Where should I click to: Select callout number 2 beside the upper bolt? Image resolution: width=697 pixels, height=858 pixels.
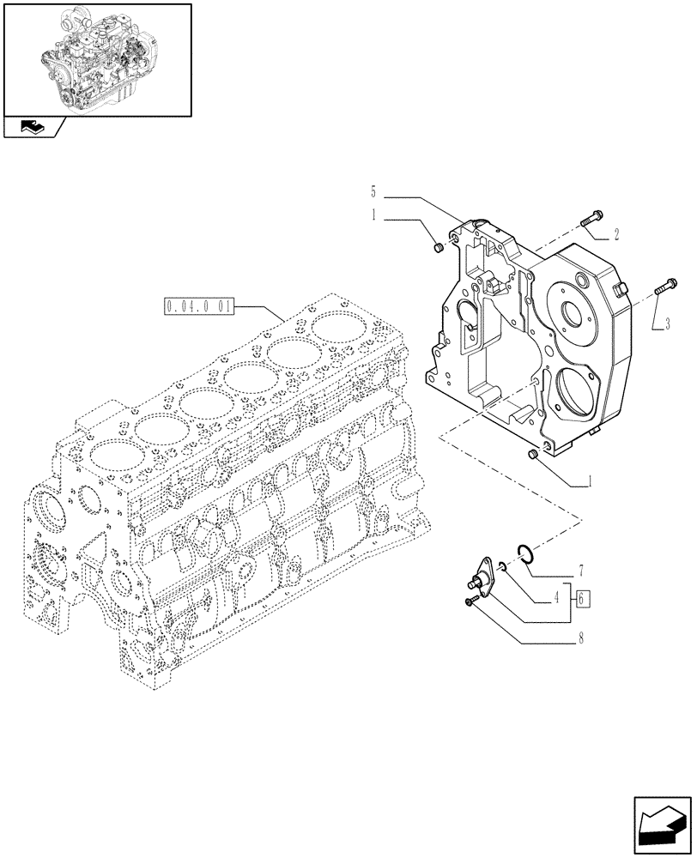(x=616, y=233)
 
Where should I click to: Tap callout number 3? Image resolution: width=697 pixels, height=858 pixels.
(x=666, y=323)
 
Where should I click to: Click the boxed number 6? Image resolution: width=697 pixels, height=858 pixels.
(x=584, y=599)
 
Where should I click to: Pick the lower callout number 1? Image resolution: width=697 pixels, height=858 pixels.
(x=590, y=481)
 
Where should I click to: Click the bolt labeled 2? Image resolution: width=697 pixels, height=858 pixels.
(x=591, y=218)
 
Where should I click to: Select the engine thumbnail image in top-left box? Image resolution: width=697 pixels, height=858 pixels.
(x=96, y=58)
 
